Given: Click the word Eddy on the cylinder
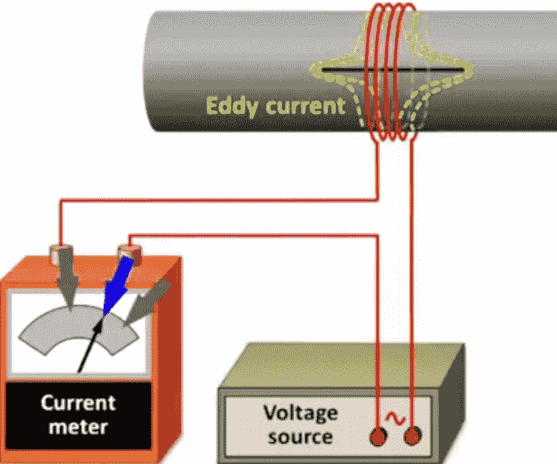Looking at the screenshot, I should tap(233, 106).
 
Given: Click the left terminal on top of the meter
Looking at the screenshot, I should tap(57, 253).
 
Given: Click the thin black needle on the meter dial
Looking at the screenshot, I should tap(90, 347).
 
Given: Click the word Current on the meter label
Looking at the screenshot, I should tap(78, 402).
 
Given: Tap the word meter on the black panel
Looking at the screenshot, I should tap(79, 427).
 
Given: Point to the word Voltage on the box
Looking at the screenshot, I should tap(300, 413).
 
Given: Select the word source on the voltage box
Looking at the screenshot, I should tap(300, 435).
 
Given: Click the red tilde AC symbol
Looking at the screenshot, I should tap(394, 417).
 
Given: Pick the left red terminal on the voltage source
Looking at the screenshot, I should tap(379, 436).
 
